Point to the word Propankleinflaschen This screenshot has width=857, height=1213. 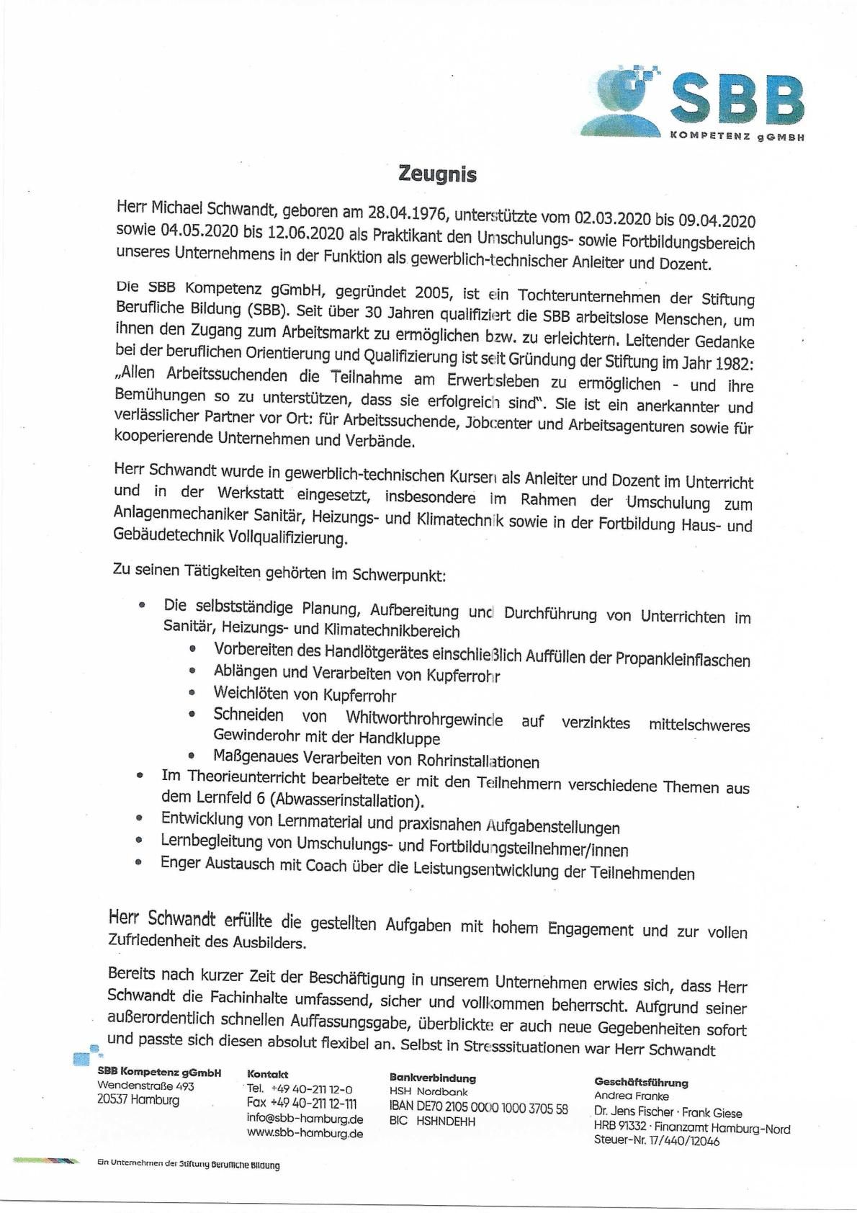click(683, 661)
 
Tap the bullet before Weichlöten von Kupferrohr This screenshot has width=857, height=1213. click(192, 692)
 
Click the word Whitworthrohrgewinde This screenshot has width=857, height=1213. click(424, 718)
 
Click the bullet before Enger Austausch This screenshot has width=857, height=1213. click(139, 862)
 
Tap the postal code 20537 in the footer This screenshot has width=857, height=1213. click(112, 1100)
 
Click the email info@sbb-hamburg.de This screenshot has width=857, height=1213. click(305, 1119)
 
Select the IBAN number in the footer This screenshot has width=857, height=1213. click(478, 1109)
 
